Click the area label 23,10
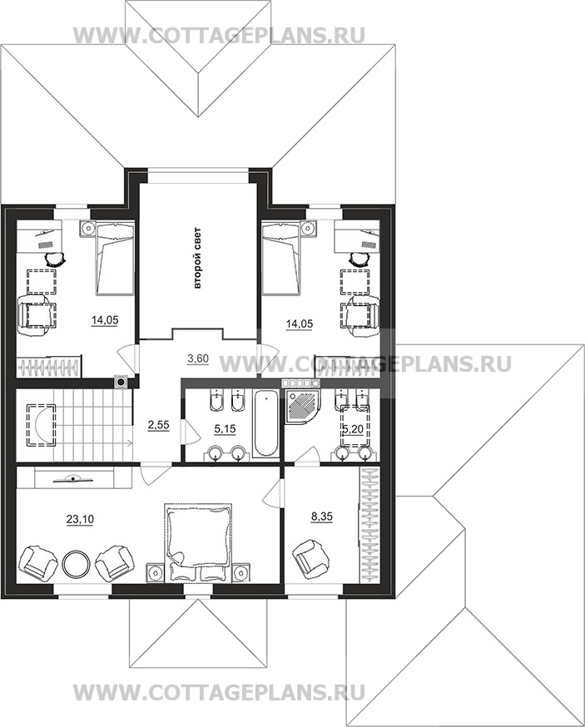(x=80, y=519)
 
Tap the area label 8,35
(x=322, y=516)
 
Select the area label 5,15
(x=224, y=429)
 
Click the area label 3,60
(x=197, y=358)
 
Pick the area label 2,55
(x=159, y=424)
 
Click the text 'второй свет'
(x=197, y=258)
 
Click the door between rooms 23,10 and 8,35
(x=273, y=494)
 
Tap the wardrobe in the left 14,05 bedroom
(x=50, y=366)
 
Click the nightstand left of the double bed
(x=156, y=572)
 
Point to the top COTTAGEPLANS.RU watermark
(x=219, y=36)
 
